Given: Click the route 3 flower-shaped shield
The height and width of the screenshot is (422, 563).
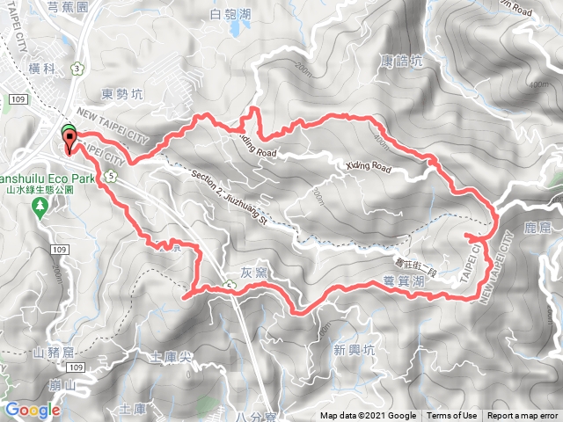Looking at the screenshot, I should click(77, 68).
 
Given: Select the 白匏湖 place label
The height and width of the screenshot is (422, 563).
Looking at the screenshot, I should click(232, 13).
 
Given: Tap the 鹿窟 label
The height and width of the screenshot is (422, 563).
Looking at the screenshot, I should click(536, 228).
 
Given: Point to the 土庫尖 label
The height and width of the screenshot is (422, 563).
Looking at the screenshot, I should click(171, 358).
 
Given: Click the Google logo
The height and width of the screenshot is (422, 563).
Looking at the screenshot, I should click(32, 410).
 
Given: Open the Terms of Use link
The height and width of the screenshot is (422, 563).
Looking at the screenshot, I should click(452, 416).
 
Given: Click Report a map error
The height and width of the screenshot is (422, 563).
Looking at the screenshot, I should click(523, 416).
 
